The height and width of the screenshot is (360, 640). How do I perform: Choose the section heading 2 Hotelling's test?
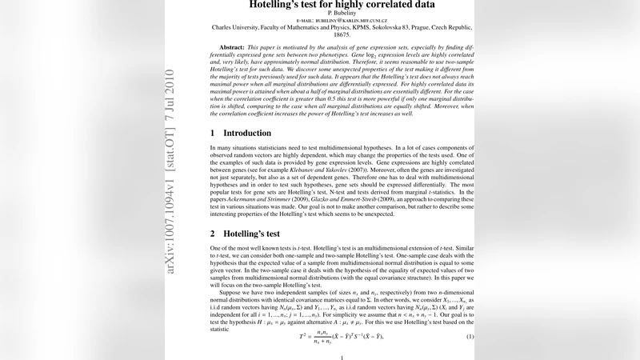point(245,234)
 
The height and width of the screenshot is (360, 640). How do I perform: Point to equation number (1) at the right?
point(470,337)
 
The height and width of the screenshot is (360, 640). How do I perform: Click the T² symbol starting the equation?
point(305,337)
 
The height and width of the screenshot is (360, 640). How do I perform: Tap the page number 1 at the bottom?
point(342,358)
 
